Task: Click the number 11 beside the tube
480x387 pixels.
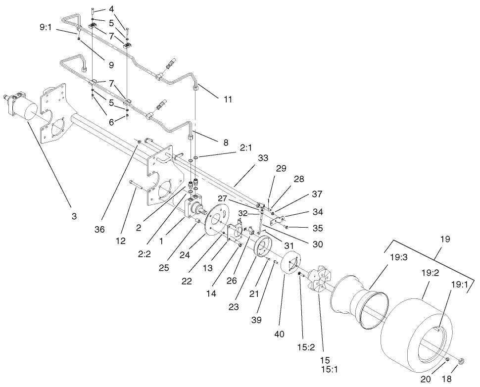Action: click(227, 99)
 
